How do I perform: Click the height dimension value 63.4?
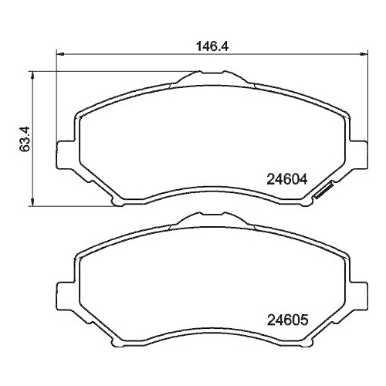coord(25,139)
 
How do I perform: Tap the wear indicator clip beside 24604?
coord(323,191)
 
